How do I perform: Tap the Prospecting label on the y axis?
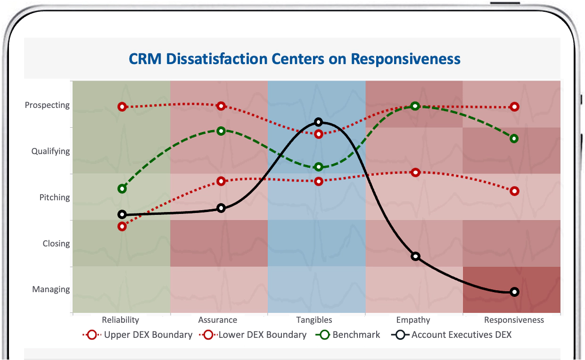[47, 105]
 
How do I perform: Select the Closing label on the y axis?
[56, 244]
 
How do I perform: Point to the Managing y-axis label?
[51, 289]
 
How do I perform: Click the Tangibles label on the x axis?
[314, 320]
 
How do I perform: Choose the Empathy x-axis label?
[413, 320]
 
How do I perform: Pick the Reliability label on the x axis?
[120, 320]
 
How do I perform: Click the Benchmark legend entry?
[356, 335]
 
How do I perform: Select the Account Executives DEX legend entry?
[461, 335]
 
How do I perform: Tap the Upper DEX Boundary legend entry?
[148, 335]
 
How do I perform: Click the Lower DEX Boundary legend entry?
[262, 335]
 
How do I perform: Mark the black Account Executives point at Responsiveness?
[514, 292]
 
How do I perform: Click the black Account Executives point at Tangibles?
[318, 123]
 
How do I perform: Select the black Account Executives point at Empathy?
[415, 256]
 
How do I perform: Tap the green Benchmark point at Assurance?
[221, 131]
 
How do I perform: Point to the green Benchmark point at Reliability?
[122, 189]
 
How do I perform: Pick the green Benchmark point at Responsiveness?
[514, 139]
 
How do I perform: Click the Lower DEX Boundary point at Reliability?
[122, 226]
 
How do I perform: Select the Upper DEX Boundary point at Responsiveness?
[514, 107]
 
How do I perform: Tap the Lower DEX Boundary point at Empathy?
[415, 172]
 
